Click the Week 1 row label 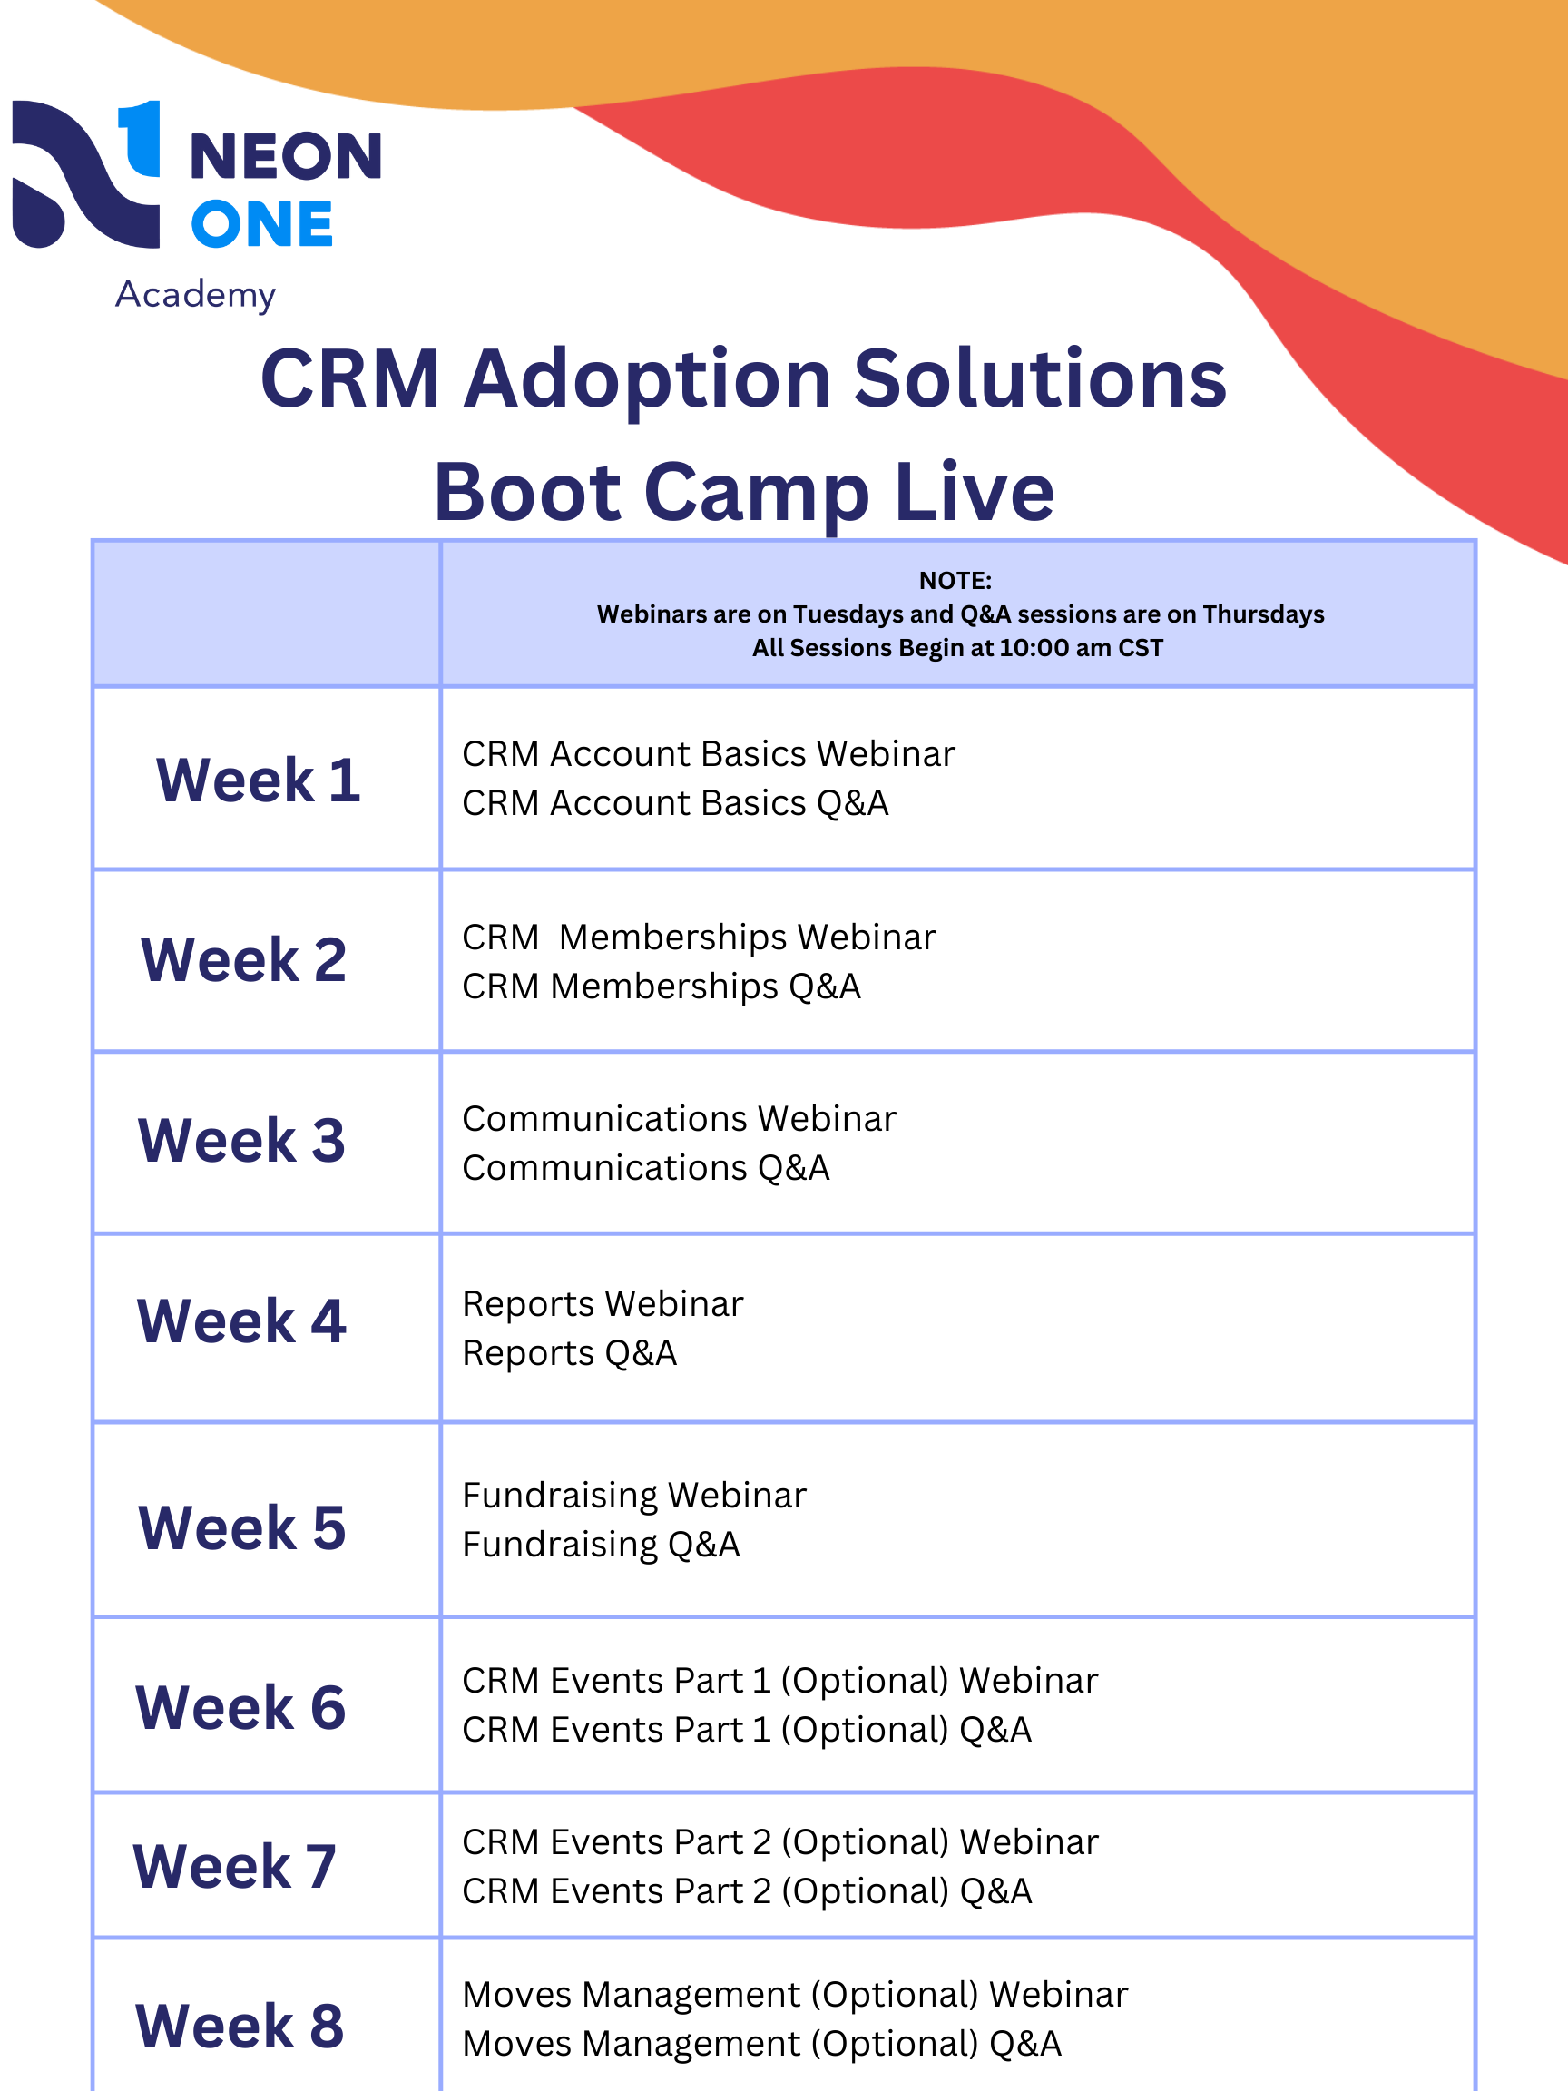(258, 780)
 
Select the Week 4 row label (242, 1320)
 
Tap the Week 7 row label (234, 1867)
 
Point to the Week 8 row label (240, 2026)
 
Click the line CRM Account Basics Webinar (708, 754)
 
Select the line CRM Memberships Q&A (661, 987)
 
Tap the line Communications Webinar (679, 1119)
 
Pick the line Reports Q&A (569, 1354)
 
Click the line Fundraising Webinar (634, 1496)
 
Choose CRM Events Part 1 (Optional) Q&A (747, 1730)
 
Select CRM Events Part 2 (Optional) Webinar (779, 1842)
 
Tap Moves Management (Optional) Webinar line (795, 1995)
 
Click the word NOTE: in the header (955, 581)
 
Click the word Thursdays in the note (1263, 614)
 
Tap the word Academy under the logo (196, 295)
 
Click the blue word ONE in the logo (262, 225)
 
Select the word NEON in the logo (286, 156)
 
